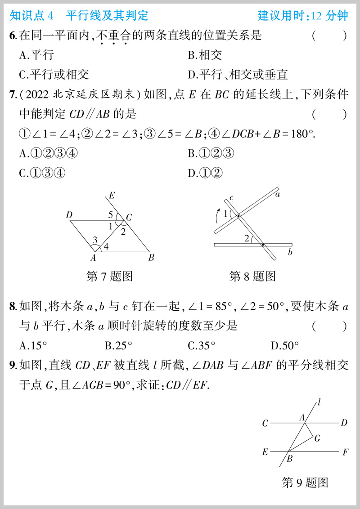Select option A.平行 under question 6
pos(36,55)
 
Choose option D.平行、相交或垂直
pos(238,75)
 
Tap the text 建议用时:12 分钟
pos(303,16)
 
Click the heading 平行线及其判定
pos(107,16)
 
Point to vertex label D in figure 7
pos(69,216)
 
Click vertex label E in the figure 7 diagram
pos(112,195)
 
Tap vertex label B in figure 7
pos(152,258)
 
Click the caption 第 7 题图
pos(109,276)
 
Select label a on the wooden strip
pos(278,195)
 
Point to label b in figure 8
pos(290,253)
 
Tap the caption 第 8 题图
pos(252,276)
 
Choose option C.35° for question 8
pos(201,346)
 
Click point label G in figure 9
pos(317,438)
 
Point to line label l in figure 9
pos(319,402)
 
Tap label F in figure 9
pos(345,452)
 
